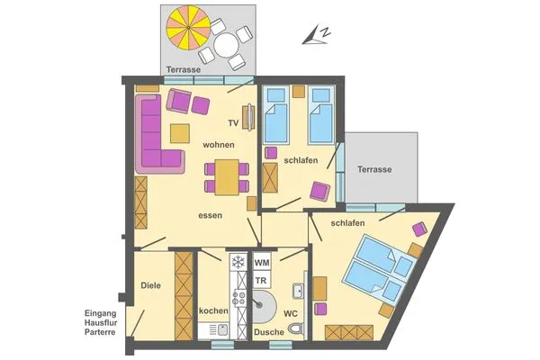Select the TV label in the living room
[x=233, y=122]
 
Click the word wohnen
[x=219, y=145]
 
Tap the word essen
[x=211, y=216]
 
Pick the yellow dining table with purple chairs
[x=227, y=175]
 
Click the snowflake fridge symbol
[x=238, y=263]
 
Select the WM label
[x=263, y=262]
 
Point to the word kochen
[x=213, y=310]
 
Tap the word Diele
[x=150, y=285]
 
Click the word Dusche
[x=269, y=332]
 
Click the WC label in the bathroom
[x=291, y=314]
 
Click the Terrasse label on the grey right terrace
[x=374, y=169]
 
